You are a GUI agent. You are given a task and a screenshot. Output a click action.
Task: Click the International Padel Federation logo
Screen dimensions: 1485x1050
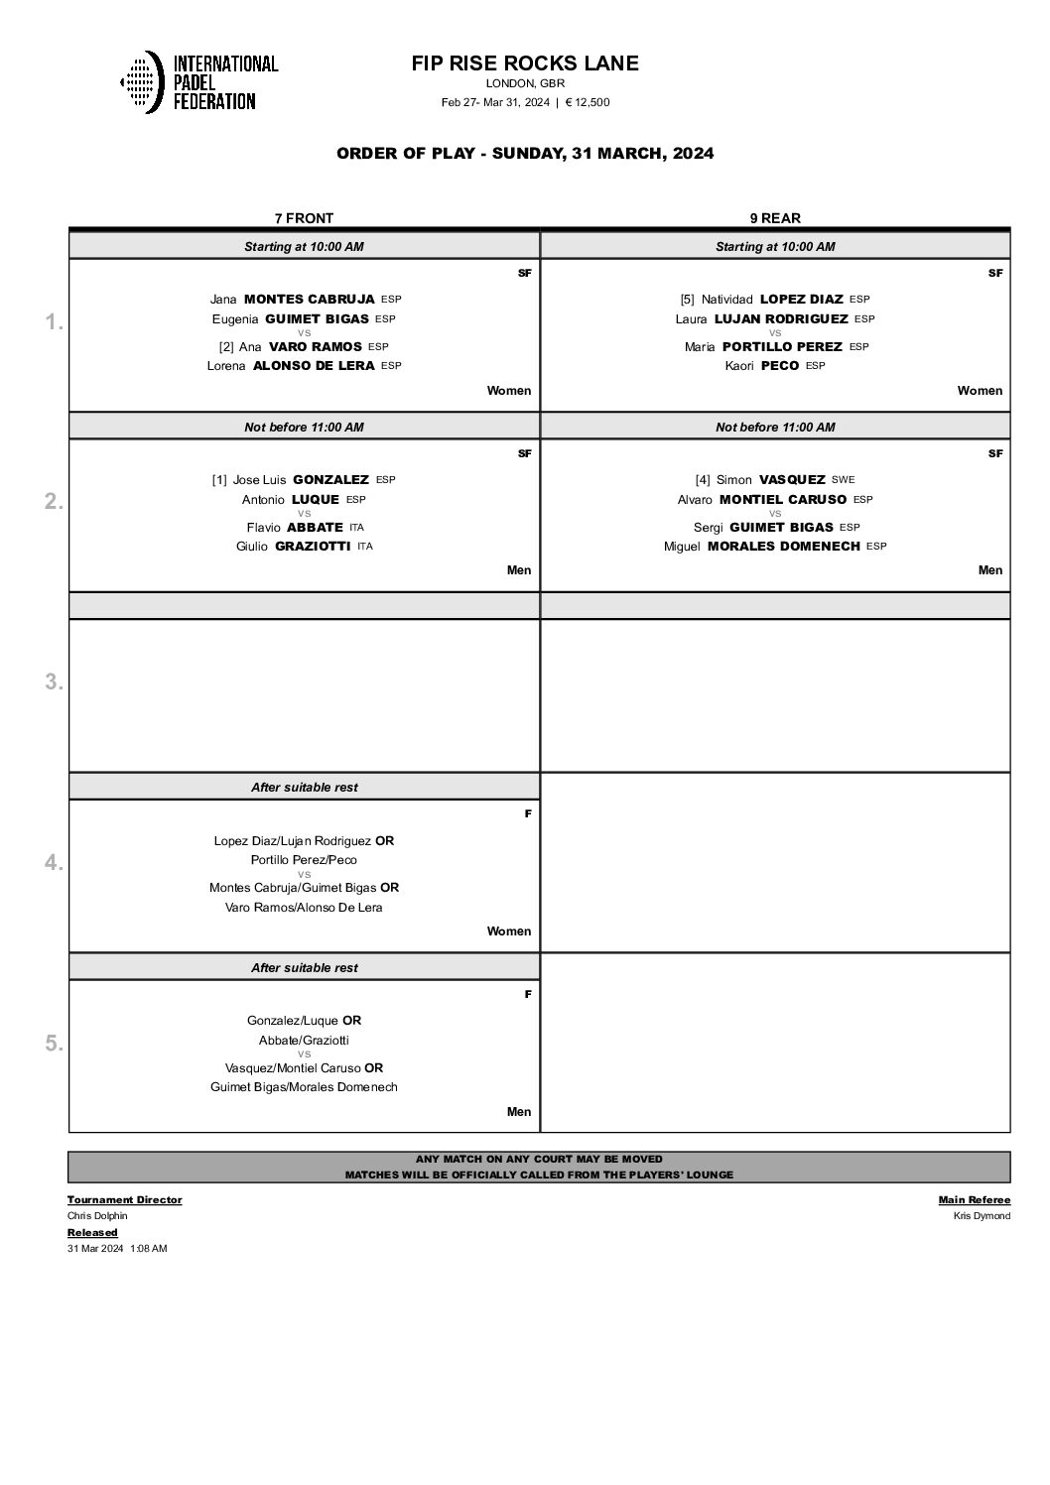[198, 81]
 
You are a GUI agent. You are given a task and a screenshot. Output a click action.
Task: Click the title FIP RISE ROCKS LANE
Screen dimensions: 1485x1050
[525, 63]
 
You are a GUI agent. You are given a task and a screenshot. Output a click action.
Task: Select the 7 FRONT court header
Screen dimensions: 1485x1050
[304, 218]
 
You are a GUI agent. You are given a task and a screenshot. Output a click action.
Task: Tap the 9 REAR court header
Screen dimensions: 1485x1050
[775, 218]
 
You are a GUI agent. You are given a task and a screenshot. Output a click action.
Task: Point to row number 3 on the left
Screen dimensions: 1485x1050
[54, 681]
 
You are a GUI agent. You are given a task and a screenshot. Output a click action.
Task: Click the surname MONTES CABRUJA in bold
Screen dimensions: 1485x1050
[309, 299]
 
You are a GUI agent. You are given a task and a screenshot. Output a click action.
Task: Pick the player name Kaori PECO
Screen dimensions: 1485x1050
[762, 366]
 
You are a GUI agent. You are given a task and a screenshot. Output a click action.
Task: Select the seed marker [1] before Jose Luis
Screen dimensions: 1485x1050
[219, 480]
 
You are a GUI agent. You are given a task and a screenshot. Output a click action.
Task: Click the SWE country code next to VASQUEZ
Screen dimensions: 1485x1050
[843, 480]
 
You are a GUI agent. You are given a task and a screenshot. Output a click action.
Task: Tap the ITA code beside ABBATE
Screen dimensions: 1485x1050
[357, 528]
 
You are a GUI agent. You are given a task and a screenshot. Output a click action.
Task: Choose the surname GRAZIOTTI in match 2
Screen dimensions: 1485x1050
[312, 547]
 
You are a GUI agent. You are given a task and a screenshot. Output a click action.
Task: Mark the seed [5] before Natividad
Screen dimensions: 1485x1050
[687, 300]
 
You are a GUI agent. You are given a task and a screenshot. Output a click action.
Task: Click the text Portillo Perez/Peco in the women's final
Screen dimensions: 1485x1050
[304, 860]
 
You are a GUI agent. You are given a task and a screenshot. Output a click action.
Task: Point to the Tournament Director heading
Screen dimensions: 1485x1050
[124, 1199]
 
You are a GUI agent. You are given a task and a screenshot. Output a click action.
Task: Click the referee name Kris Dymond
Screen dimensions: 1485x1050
[982, 1216]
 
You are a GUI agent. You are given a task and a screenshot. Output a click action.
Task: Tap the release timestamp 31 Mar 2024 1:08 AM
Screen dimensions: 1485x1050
[117, 1249]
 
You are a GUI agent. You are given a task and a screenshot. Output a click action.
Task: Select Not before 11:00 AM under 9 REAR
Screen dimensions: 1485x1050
[775, 428]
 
